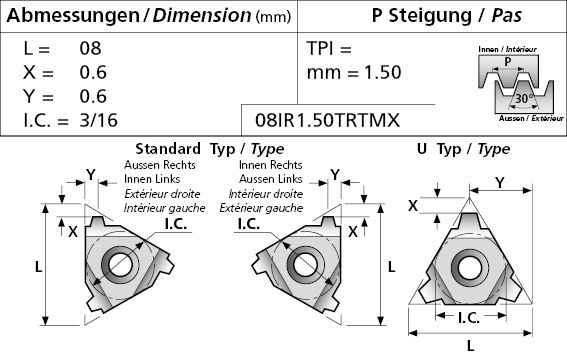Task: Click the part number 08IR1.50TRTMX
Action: point(328,120)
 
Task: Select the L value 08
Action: point(90,48)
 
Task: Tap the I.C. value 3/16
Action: point(98,120)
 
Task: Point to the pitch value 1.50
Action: point(383,72)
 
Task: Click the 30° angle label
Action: point(524,98)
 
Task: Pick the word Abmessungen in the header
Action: point(73,16)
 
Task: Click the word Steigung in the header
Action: point(430,16)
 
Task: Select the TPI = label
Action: point(329,48)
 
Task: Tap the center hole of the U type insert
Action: point(469,268)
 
